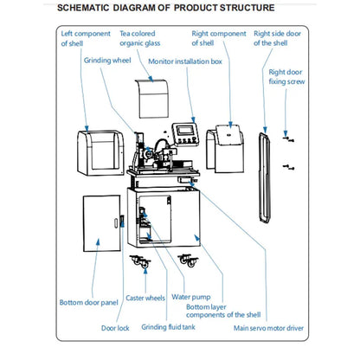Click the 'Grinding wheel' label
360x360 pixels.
coord(107,61)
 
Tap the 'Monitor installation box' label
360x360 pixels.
coord(185,61)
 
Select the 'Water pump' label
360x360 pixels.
coord(191,297)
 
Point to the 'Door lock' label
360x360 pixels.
coord(115,328)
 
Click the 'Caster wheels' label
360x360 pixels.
coord(145,298)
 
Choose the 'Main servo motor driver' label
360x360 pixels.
coord(268,328)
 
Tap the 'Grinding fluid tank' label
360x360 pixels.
coord(168,327)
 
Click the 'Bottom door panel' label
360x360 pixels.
coord(89,303)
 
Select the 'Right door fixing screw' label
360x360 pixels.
coord(286,77)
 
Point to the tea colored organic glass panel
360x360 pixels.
coord(151,99)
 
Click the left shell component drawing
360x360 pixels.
coord(100,153)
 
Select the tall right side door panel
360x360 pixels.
coord(265,177)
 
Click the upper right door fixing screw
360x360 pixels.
coord(288,139)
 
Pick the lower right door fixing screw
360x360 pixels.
coord(288,167)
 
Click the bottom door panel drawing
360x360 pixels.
coord(101,223)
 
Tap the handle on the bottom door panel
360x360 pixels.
coord(116,223)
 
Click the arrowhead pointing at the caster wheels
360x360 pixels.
coord(145,272)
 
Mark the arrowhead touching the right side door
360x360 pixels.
coord(265,130)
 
